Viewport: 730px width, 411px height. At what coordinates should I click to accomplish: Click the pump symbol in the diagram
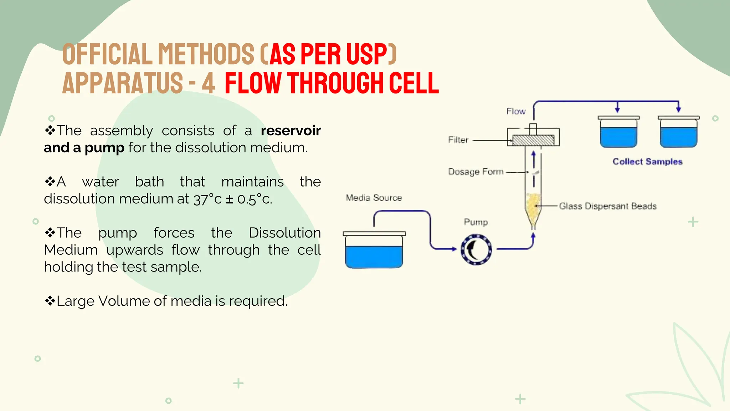[x=476, y=250]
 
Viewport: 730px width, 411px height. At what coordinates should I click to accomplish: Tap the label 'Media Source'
[x=374, y=198]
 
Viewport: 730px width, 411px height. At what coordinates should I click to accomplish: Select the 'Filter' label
[x=458, y=140]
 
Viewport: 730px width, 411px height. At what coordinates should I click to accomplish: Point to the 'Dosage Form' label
[x=475, y=172]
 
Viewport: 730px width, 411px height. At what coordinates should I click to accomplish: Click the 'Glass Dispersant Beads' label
[x=607, y=206]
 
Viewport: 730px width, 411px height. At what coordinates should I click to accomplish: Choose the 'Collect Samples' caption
[x=647, y=162]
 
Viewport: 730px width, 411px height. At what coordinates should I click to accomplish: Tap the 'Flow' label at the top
[x=516, y=111]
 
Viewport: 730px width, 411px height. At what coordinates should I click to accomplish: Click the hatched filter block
[x=533, y=140]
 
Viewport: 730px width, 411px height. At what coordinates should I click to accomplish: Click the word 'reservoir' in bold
[x=291, y=131]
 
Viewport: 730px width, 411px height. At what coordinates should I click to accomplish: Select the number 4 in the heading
[x=209, y=83]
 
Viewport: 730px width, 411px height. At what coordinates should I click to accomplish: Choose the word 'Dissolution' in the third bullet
[x=284, y=233]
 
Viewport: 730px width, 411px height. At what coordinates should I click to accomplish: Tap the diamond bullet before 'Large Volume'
[x=50, y=301]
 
